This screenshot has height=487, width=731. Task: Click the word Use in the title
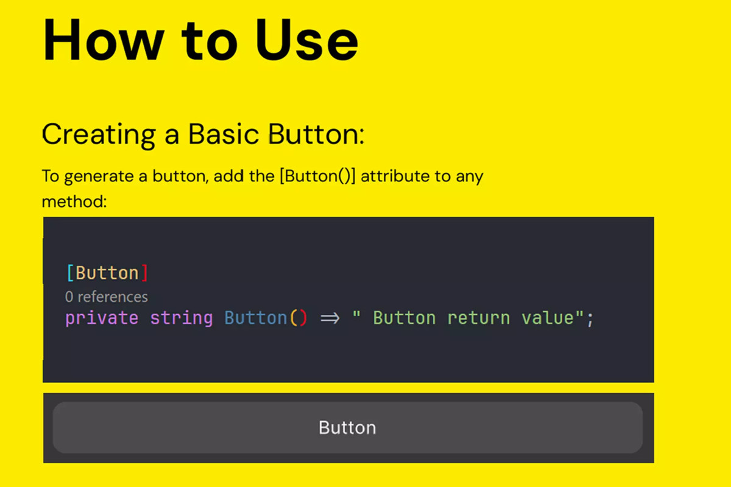pos(307,40)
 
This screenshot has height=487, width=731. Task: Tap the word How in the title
pos(103,40)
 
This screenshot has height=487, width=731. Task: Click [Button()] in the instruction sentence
pos(317,176)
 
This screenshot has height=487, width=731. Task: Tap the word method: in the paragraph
pos(74,201)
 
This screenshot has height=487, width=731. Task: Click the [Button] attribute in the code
pos(107,273)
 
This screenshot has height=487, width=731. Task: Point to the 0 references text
pos(107,297)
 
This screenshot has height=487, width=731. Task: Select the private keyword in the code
pos(102,318)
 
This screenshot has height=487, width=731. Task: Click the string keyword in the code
pos(182,318)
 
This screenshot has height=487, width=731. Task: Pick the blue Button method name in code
pos(255,318)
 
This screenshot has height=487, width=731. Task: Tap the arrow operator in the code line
pos(330,318)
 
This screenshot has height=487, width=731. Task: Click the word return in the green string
pos(478,318)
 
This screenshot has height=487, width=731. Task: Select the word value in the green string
pos(548,318)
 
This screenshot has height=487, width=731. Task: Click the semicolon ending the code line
pos(590,320)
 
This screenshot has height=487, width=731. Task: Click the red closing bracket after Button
pos(144,273)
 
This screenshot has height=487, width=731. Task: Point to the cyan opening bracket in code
pos(70,273)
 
